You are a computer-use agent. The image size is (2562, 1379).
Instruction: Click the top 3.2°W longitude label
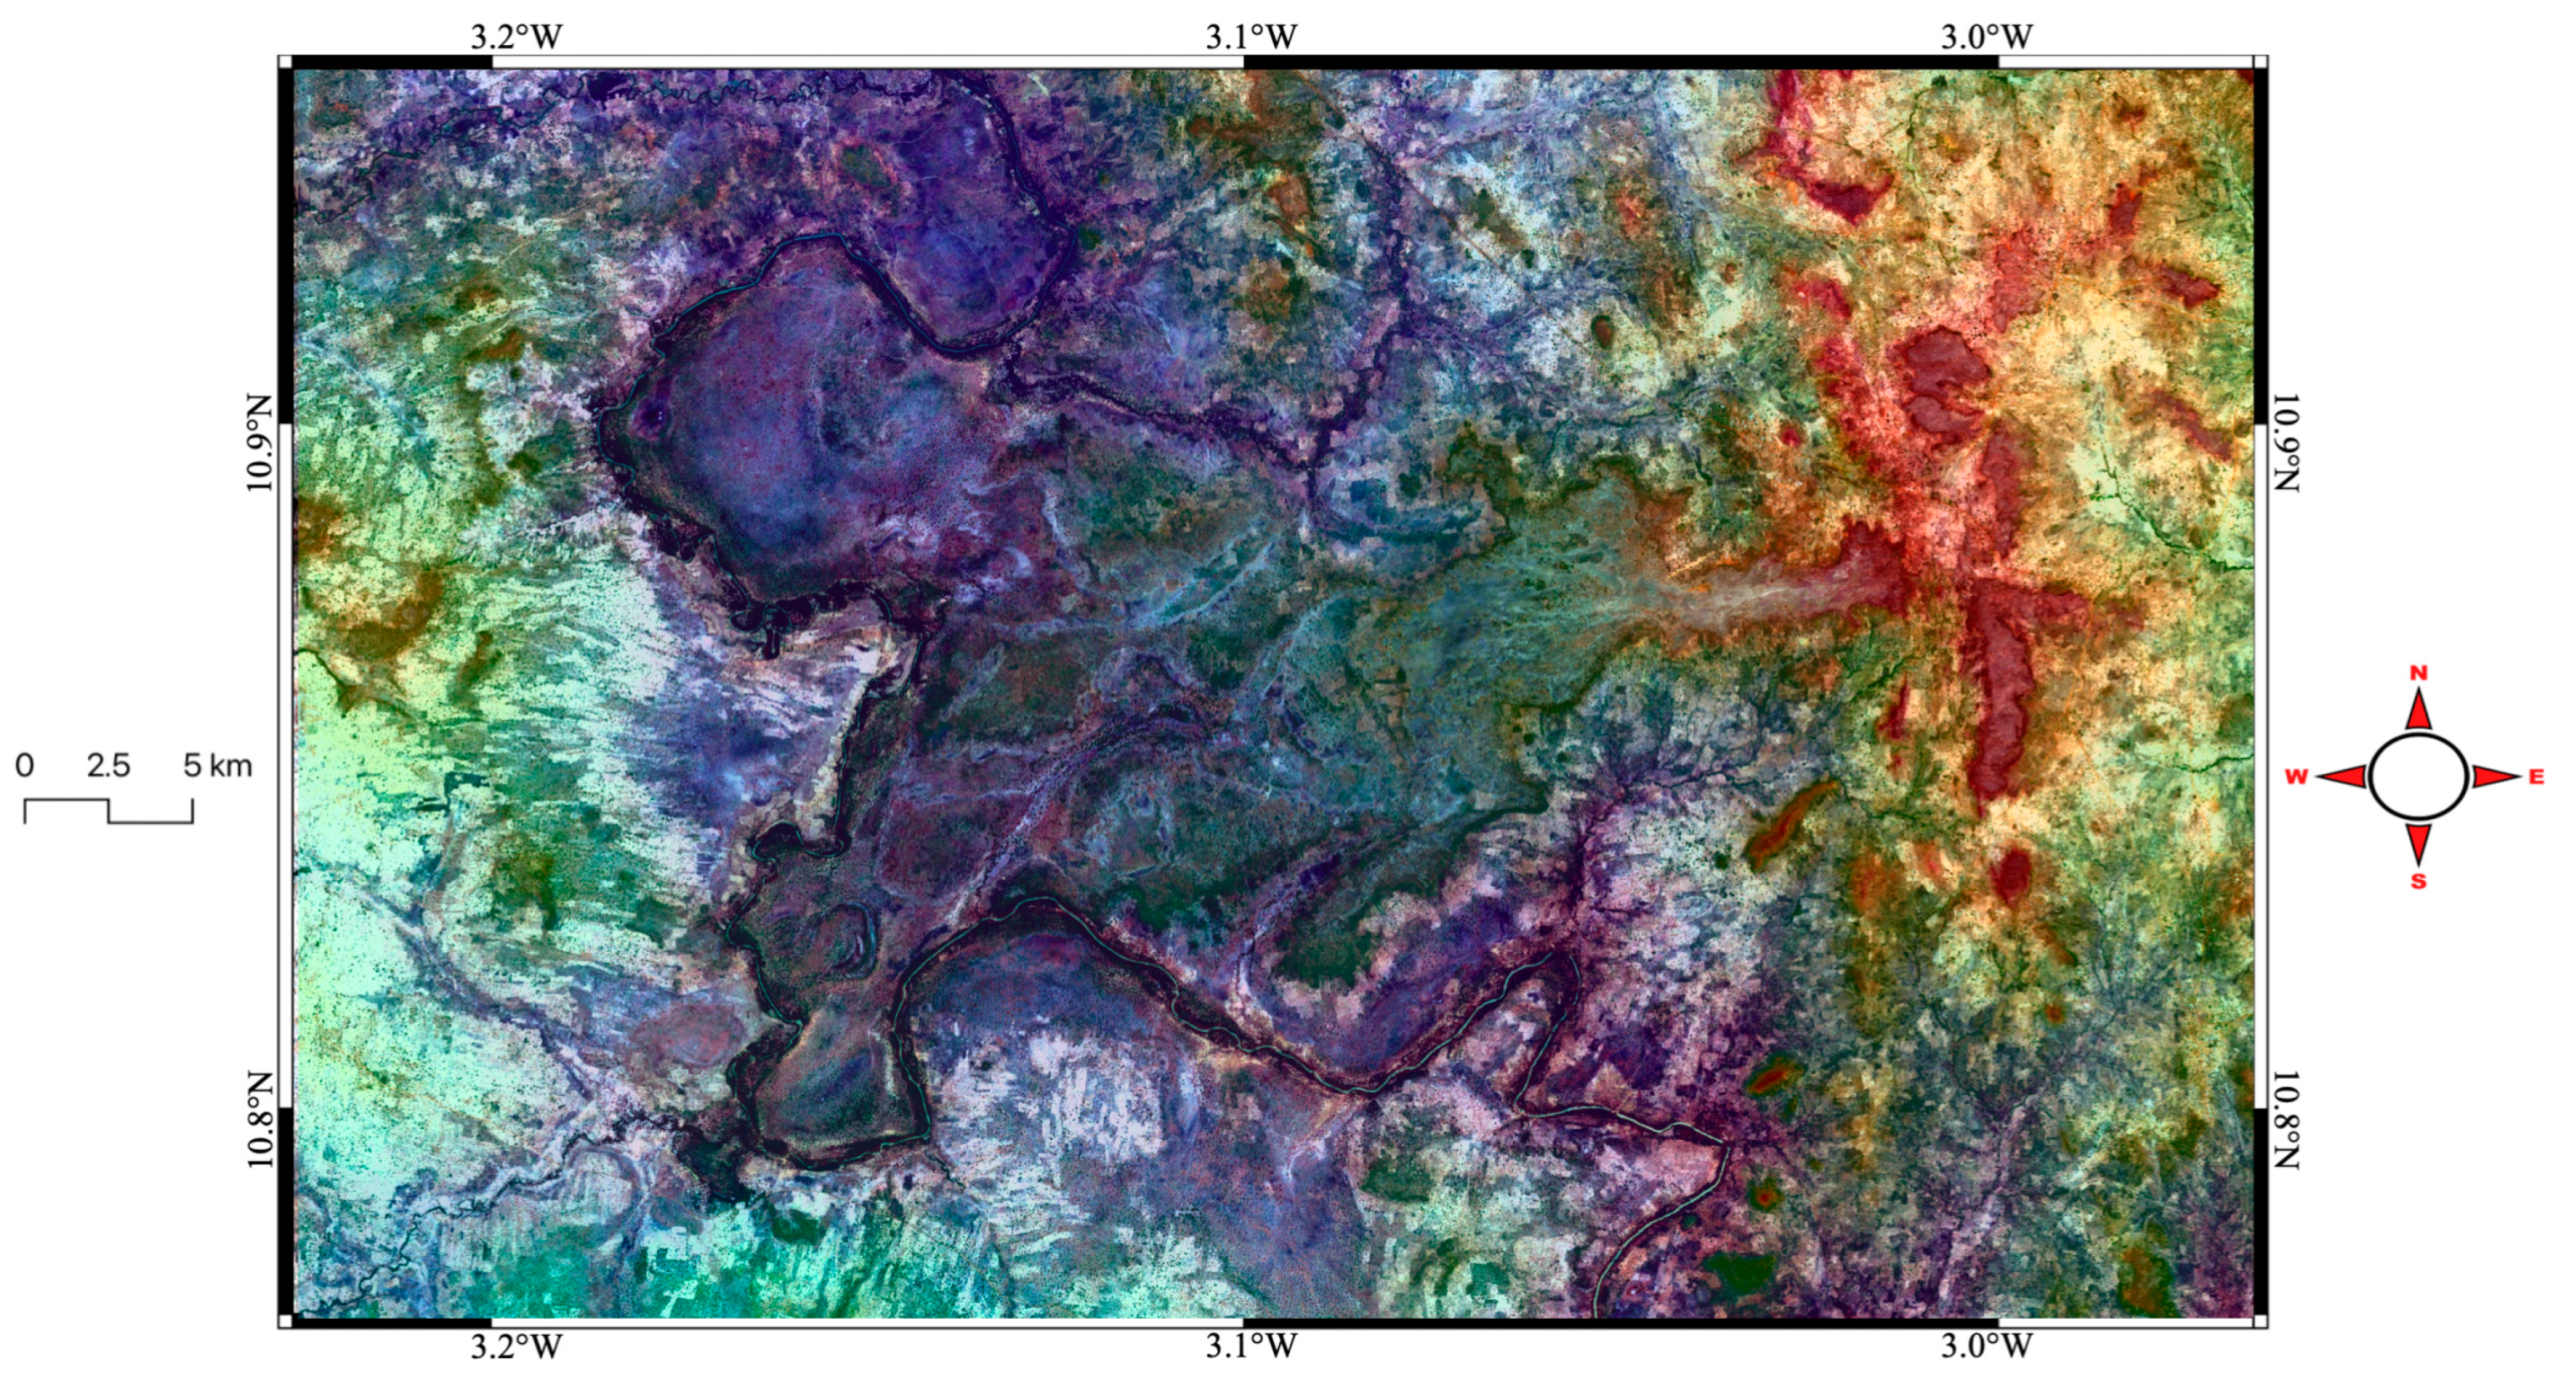[x=516, y=37]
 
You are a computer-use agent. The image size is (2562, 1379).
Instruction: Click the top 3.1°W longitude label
[x=1251, y=37]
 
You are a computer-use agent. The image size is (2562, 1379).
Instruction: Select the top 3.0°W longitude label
[x=1986, y=37]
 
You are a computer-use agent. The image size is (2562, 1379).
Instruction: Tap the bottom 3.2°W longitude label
[x=516, y=1347]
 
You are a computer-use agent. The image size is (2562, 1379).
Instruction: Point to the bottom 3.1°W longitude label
[x=1251, y=1347]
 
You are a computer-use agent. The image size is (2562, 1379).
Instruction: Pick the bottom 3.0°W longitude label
[x=1986, y=1347]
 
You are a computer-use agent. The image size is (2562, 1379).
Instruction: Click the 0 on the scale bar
[x=25, y=766]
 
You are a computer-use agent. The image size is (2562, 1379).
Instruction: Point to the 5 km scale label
[x=217, y=766]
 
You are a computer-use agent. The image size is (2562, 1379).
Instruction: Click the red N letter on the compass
[x=2418, y=673]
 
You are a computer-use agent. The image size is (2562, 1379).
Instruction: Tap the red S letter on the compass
[x=2418, y=881]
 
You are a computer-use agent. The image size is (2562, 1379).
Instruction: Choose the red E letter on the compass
[x=2536, y=778]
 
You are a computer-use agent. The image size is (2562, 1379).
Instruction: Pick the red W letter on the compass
[x=2295, y=778]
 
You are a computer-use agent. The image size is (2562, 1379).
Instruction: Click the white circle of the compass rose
[x=2418, y=777]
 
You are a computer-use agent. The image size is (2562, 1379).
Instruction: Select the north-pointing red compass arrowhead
[x=2418, y=712]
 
